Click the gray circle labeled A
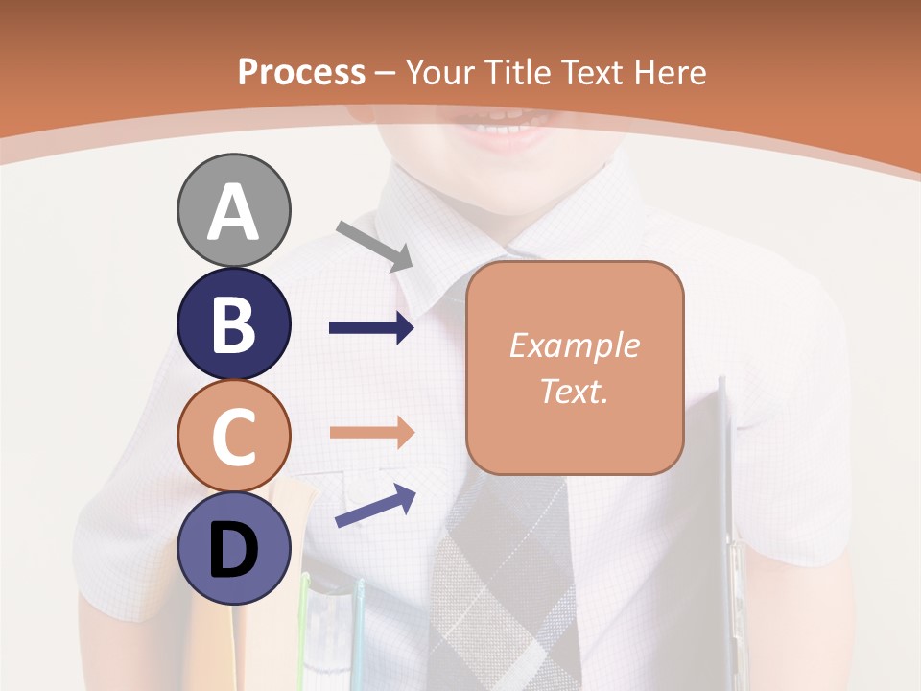[x=234, y=210]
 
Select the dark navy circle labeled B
[x=234, y=324]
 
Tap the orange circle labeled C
[x=234, y=436]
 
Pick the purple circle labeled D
[x=234, y=548]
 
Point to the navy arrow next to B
[x=371, y=328]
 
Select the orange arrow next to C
[x=371, y=432]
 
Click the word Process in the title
[x=301, y=73]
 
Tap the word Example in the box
[x=574, y=345]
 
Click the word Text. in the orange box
[x=574, y=391]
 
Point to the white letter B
[x=234, y=324]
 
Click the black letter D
[x=234, y=551]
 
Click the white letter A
[x=234, y=212]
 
